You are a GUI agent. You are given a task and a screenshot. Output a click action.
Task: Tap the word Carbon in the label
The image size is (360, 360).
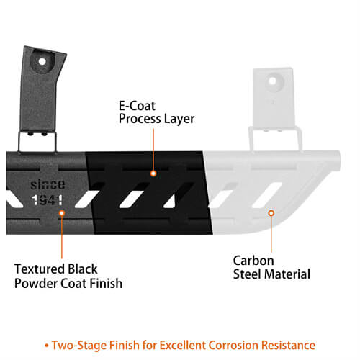click(x=253, y=260)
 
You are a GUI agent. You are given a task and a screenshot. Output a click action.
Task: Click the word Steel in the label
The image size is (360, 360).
click(x=248, y=274)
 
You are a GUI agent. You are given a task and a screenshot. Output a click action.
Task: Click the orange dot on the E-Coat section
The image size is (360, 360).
click(x=153, y=174)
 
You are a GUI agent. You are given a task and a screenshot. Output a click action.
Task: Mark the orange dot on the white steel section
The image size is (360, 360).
click(x=271, y=213)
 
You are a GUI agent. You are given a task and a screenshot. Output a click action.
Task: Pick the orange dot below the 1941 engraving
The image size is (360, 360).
click(x=61, y=214)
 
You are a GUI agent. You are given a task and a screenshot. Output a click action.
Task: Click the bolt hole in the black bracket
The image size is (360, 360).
click(x=42, y=62)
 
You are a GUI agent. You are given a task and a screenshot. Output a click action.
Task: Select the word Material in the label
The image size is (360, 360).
click(x=287, y=274)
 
